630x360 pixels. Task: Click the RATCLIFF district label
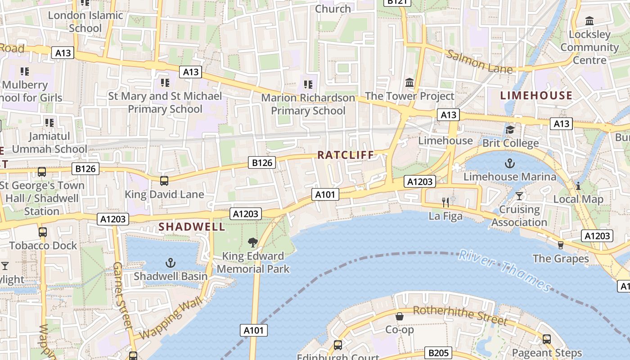(x=346, y=155)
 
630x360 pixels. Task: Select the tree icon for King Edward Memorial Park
(x=253, y=243)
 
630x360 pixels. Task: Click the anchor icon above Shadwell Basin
(x=171, y=263)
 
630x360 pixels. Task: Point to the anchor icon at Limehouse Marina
(x=510, y=163)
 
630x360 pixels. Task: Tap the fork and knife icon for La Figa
(x=445, y=202)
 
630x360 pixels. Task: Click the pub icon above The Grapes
(x=560, y=245)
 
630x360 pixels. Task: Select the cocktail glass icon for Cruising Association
(x=519, y=196)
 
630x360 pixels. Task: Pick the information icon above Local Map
(x=578, y=185)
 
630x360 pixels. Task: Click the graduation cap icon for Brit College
(x=510, y=130)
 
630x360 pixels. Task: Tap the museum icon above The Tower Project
(x=409, y=82)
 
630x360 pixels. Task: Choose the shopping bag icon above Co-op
(x=399, y=316)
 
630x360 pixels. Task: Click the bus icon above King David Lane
(x=164, y=181)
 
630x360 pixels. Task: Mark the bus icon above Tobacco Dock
(x=43, y=232)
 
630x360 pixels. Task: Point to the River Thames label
(x=504, y=271)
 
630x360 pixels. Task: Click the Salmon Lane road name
(x=480, y=62)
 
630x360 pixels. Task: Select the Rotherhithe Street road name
(x=460, y=315)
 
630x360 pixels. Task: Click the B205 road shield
(x=438, y=353)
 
